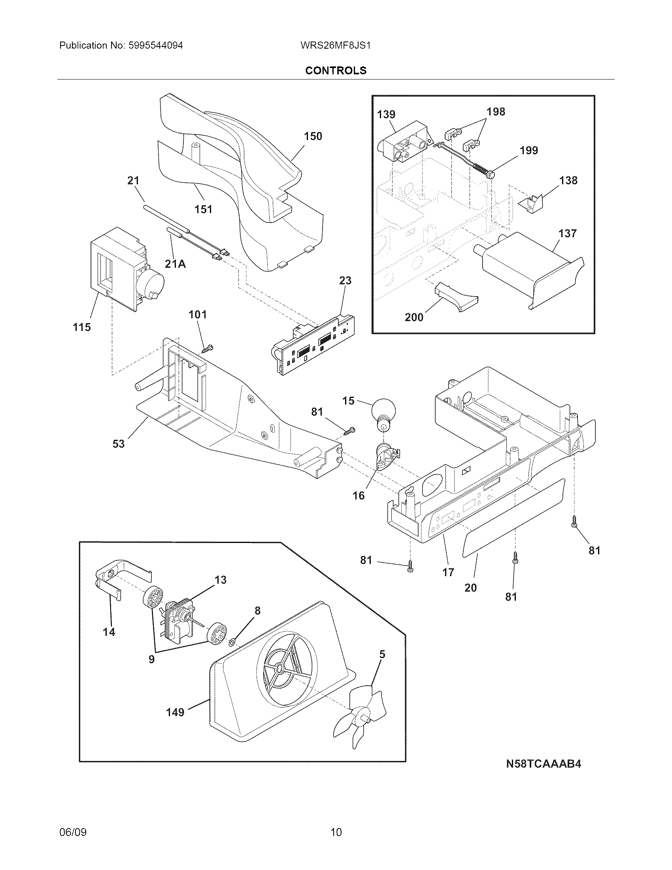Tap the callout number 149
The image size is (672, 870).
(x=175, y=712)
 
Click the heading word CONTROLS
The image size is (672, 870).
(x=336, y=70)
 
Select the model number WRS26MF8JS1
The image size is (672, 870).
(x=336, y=45)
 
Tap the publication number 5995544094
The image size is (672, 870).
(x=155, y=45)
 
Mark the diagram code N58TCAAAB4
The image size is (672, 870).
(x=544, y=764)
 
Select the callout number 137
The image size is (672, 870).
(x=567, y=233)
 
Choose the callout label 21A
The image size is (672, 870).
(x=176, y=264)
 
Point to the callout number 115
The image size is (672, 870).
(x=81, y=327)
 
